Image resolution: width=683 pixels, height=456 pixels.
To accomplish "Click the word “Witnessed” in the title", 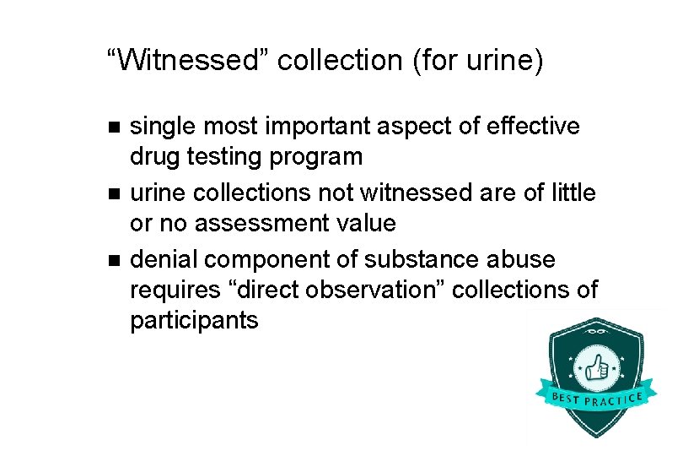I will (185, 61).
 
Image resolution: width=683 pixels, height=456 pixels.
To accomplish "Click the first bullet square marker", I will (116, 128).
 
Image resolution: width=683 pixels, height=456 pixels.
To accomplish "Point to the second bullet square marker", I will (116, 193).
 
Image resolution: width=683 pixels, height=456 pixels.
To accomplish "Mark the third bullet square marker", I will (116, 259).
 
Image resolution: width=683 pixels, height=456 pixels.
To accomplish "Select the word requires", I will (180, 290).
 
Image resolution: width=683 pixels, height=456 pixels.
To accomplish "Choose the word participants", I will (194, 321).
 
